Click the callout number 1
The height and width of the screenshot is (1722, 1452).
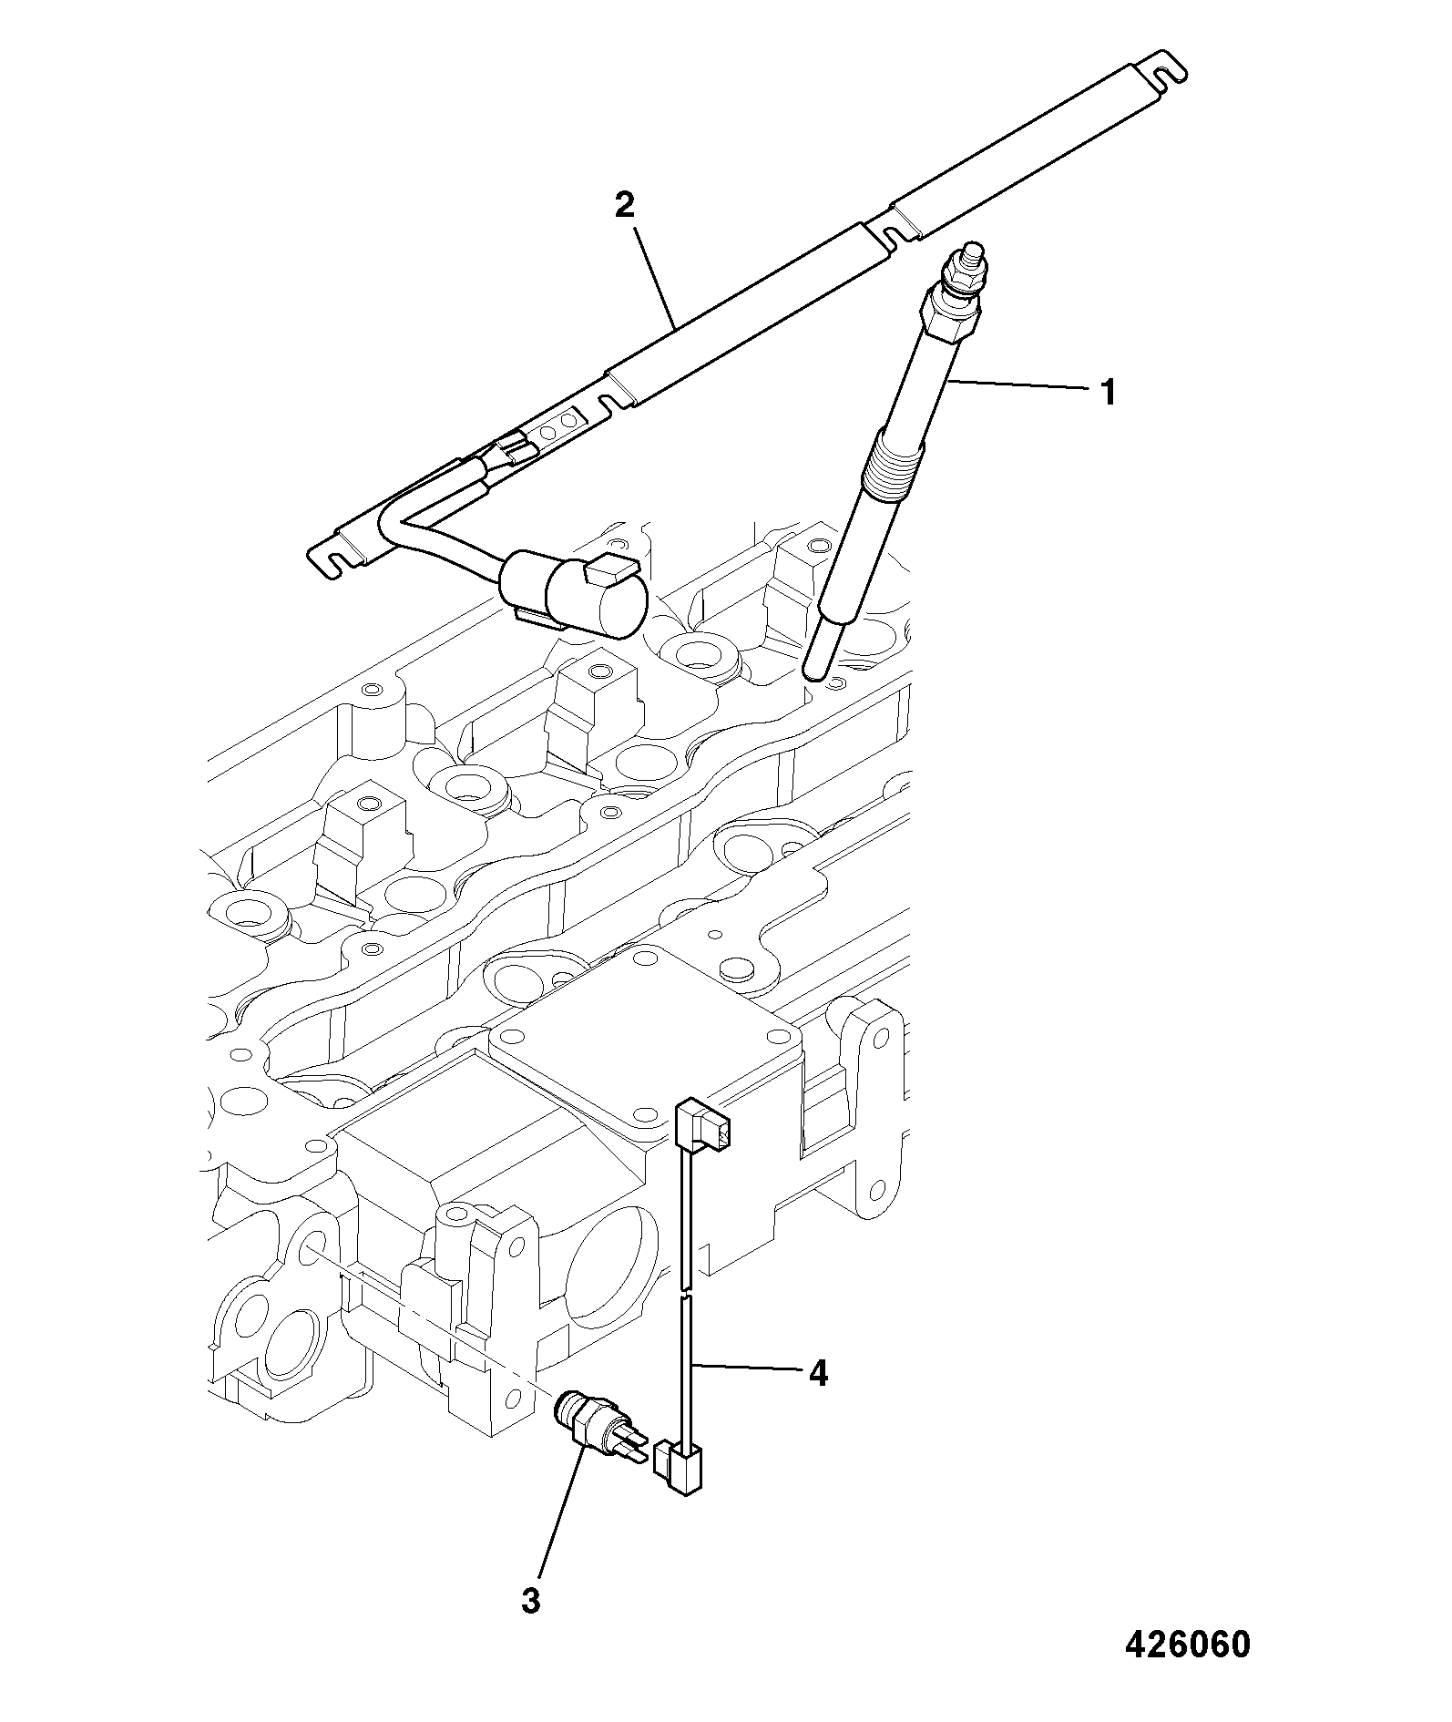coord(1108,394)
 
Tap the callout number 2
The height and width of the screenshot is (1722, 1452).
coord(624,205)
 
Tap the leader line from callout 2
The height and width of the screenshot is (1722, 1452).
coord(653,280)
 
